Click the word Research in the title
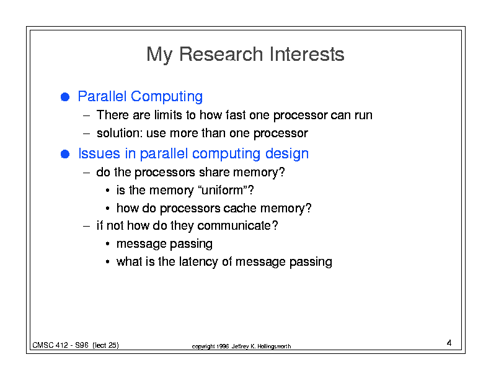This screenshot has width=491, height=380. (x=221, y=54)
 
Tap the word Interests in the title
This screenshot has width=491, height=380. (x=307, y=54)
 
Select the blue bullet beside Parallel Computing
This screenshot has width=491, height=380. (x=65, y=97)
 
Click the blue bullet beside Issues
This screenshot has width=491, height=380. (x=65, y=154)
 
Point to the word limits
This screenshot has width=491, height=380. (x=168, y=115)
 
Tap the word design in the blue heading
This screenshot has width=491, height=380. (x=287, y=153)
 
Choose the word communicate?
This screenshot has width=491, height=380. (x=237, y=225)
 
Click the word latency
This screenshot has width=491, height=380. (x=198, y=262)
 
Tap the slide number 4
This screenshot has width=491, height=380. (x=449, y=343)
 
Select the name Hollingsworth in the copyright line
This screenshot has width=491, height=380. (x=274, y=346)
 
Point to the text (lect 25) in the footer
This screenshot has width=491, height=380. (x=105, y=345)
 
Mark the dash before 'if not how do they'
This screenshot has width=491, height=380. (x=87, y=226)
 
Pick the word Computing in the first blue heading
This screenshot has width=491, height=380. (x=167, y=97)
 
